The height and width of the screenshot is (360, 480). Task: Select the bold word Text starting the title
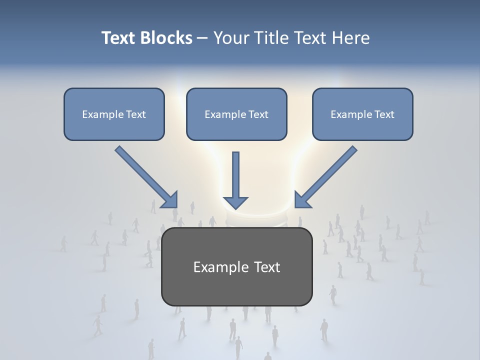pyautogui.click(x=119, y=38)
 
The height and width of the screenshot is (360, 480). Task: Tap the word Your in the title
pyautogui.click(x=231, y=38)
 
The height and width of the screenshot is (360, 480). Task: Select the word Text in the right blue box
pyautogui.click(x=384, y=114)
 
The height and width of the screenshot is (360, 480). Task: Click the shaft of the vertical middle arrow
pyautogui.click(x=235, y=172)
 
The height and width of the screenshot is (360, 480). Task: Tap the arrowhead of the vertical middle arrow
pyautogui.click(x=235, y=202)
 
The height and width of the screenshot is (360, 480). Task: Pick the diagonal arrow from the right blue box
pyautogui.click(x=326, y=176)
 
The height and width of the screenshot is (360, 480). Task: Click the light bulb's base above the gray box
pyautogui.click(x=255, y=220)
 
